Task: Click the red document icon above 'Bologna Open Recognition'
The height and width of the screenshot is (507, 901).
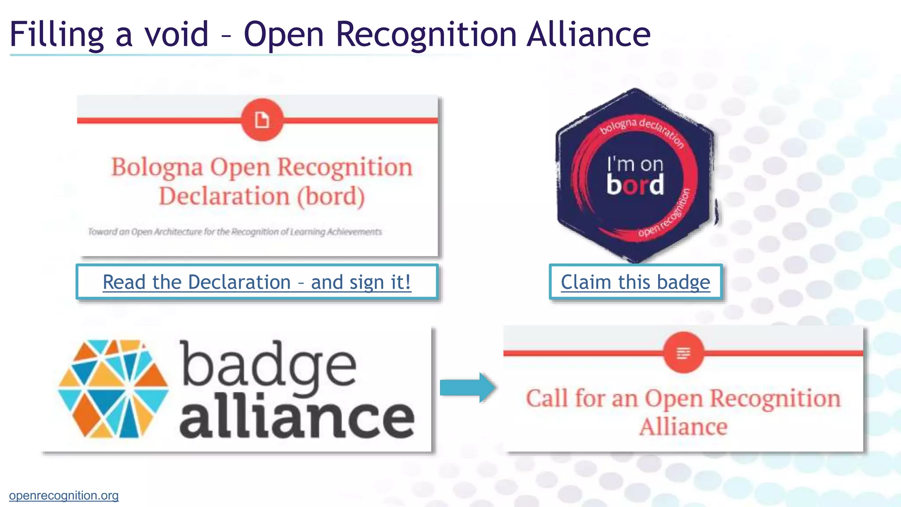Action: (262, 120)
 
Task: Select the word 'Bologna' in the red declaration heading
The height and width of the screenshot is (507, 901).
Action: (157, 168)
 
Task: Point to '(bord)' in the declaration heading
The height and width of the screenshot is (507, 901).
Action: (331, 196)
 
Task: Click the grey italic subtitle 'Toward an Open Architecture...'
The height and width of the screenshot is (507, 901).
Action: (235, 231)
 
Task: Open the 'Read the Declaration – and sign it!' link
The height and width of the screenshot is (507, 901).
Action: (257, 282)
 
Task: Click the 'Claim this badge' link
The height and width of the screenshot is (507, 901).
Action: (635, 282)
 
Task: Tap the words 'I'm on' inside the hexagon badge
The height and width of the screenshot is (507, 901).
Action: (635, 164)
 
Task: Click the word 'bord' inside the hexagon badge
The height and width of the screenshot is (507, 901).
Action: (635, 184)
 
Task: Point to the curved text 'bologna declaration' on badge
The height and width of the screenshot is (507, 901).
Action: (642, 129)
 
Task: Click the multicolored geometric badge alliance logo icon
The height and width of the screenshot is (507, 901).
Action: (114, 389)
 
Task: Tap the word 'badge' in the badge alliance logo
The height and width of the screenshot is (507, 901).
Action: (268, 365)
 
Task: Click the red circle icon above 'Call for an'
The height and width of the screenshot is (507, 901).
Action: (683, 353)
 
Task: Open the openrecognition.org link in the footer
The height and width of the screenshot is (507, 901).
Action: (64, 496)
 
